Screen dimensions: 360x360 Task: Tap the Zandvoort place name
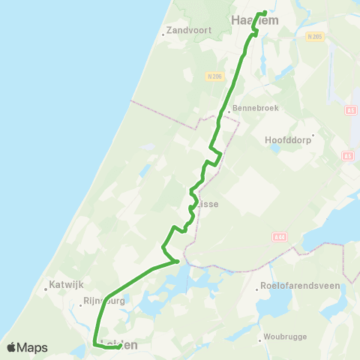[x=189, y=31]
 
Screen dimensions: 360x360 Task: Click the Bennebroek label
[x=256, y=108]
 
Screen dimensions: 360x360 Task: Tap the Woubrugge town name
[x=286, y=337]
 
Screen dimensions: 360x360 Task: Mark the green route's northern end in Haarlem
[x=264, y=13]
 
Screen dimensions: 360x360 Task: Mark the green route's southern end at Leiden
[x=120, y=346]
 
